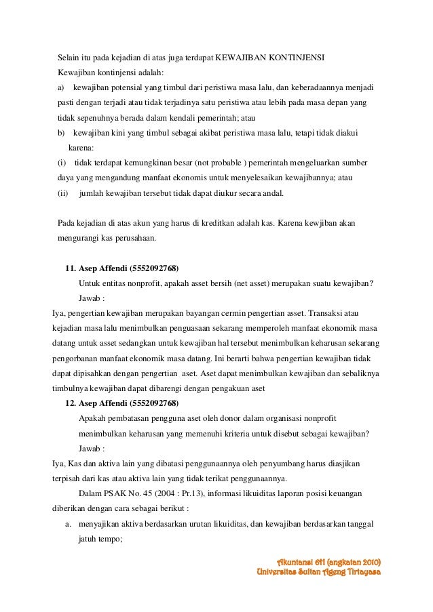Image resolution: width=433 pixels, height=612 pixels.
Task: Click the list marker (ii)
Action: (63, 194)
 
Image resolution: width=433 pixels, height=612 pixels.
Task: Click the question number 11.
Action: (69, 267)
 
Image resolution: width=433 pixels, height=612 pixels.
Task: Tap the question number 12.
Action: (69, 403)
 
